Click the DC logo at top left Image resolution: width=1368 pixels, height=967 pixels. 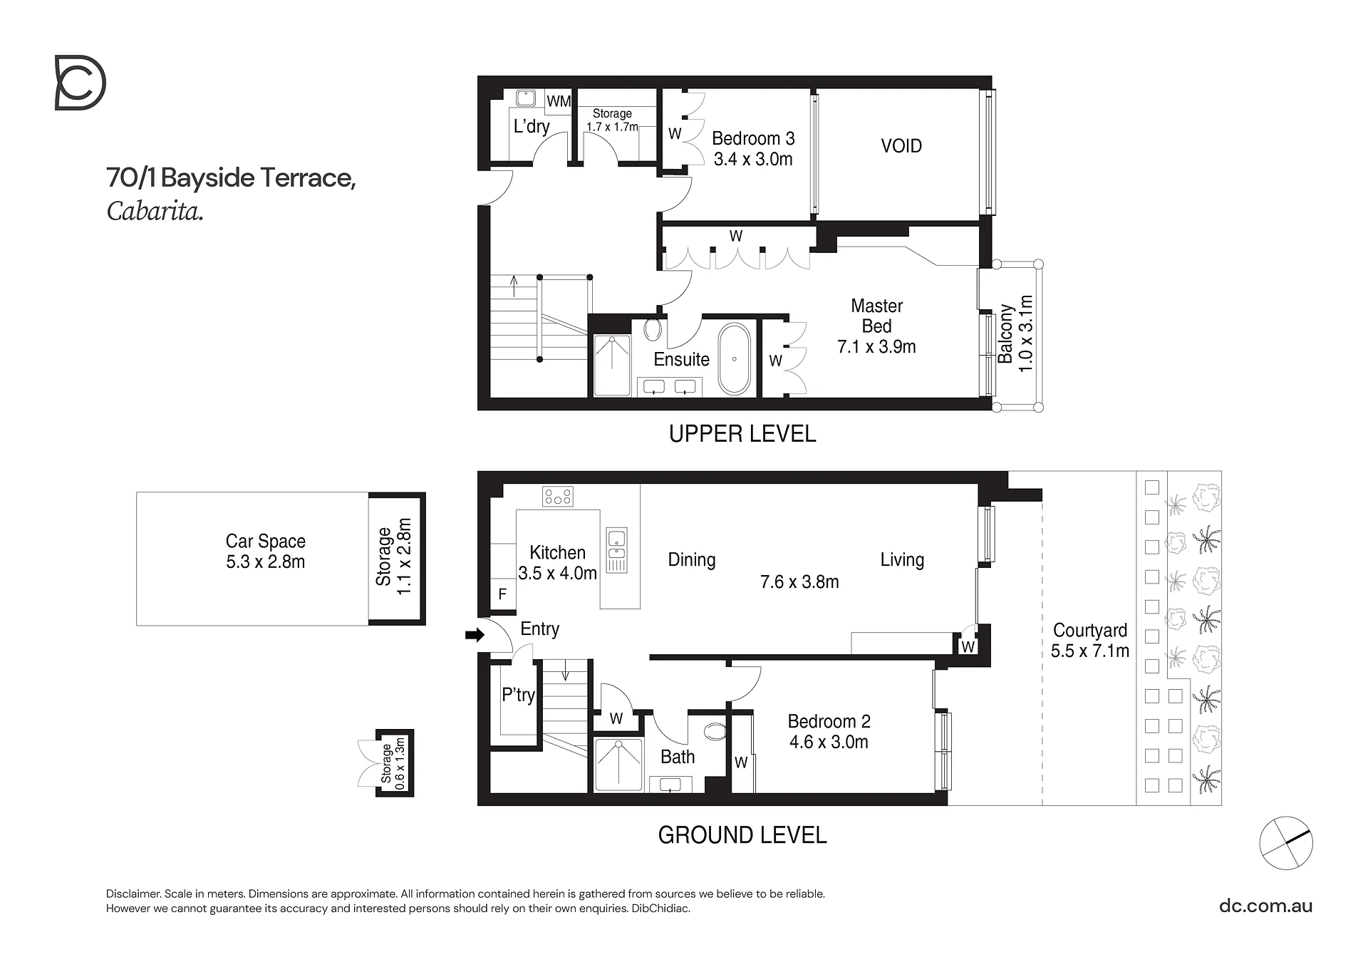point(80,83)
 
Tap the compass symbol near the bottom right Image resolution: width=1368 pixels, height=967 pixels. point(1285,843)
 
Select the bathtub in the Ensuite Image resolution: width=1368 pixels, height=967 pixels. point(733,359)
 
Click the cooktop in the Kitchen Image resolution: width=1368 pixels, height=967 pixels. point(557,496)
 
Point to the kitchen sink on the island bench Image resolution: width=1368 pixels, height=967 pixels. point(616,550)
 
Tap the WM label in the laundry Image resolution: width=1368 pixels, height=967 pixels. point(559,101)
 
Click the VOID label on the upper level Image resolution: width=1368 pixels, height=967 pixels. point(901,146)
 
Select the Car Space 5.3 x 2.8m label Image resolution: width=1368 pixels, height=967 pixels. point(266,552)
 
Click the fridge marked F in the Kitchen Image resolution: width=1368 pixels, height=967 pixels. point(502,594)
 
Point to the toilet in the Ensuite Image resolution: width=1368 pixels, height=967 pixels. point(653,329)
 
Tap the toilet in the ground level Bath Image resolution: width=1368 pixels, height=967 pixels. point(714,731)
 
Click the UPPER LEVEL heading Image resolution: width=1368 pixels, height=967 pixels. point(742,434)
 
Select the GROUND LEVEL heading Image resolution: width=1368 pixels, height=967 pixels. point(742,835)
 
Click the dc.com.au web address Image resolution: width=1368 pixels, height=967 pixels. point(1266,906)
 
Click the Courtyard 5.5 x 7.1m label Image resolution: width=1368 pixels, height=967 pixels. point(1090,641)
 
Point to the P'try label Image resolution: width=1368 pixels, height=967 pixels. point(518,695)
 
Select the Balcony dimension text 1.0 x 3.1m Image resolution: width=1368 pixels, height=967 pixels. point(1025,333)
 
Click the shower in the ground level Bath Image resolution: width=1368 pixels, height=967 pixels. point(618,765)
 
